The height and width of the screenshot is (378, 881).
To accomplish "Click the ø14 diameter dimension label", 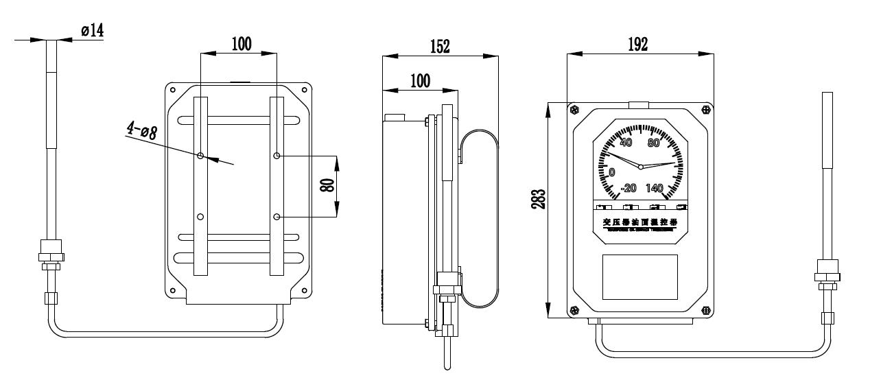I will point(92,30).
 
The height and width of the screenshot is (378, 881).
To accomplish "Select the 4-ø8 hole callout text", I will point(142,130).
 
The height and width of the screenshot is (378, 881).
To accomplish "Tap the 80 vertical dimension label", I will point(329,187).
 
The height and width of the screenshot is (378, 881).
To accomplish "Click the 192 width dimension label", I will point(637,45).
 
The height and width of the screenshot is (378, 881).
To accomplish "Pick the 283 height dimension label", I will point(539,199).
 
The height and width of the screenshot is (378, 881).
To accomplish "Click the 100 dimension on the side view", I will point(419,80).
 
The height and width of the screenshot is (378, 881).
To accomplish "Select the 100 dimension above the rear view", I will point(240,45).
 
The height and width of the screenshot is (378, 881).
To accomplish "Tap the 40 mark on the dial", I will point(626,143).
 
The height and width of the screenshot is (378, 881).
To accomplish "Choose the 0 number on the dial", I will point(612,172).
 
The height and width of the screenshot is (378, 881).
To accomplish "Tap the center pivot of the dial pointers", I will point(640,167).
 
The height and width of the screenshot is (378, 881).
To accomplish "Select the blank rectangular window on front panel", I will point(639,276).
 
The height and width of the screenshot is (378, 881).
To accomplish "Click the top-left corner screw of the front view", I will point(574,108).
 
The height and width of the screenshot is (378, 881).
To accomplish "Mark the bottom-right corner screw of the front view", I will point(706,311).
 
